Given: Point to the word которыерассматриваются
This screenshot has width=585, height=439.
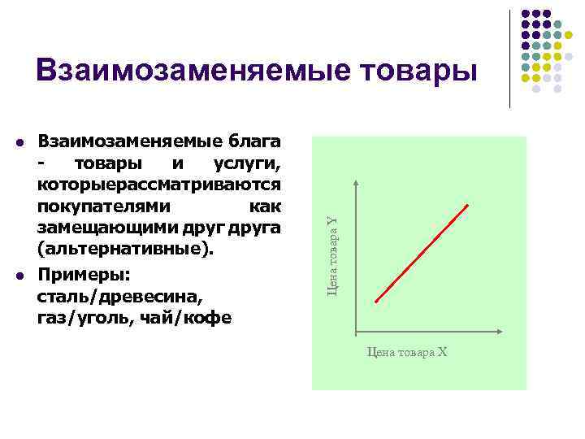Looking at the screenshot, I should (x=159, y=186).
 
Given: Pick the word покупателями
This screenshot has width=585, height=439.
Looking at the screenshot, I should (x=100, y=206).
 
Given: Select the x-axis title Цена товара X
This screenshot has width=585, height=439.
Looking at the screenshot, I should (x=407, y=353).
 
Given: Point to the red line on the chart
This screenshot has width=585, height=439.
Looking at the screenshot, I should (x=422, y=252).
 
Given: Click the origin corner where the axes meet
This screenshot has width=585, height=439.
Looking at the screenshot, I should (x=356, y=334).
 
